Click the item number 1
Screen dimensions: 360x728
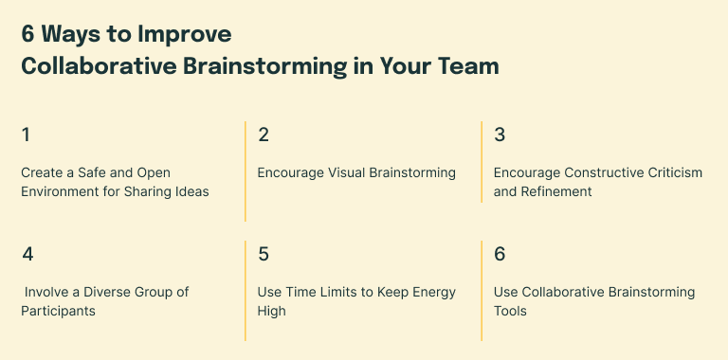26,135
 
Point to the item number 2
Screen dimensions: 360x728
264,135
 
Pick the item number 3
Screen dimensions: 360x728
500,135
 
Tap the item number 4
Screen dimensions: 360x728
27,254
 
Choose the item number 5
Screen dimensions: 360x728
264,254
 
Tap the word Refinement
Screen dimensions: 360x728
557,191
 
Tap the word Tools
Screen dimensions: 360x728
511,311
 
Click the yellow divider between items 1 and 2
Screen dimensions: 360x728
246,171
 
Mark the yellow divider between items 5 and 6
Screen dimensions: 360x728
482,290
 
